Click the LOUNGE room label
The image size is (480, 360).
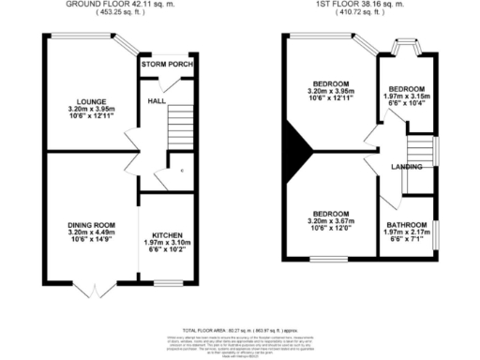[90, 101]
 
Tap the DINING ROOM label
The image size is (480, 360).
[90, 225]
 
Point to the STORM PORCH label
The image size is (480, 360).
[167, 66]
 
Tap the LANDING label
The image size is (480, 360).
[406, 167]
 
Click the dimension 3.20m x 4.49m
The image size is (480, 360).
[90, 234]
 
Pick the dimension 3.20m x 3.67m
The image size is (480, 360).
[330, 221]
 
